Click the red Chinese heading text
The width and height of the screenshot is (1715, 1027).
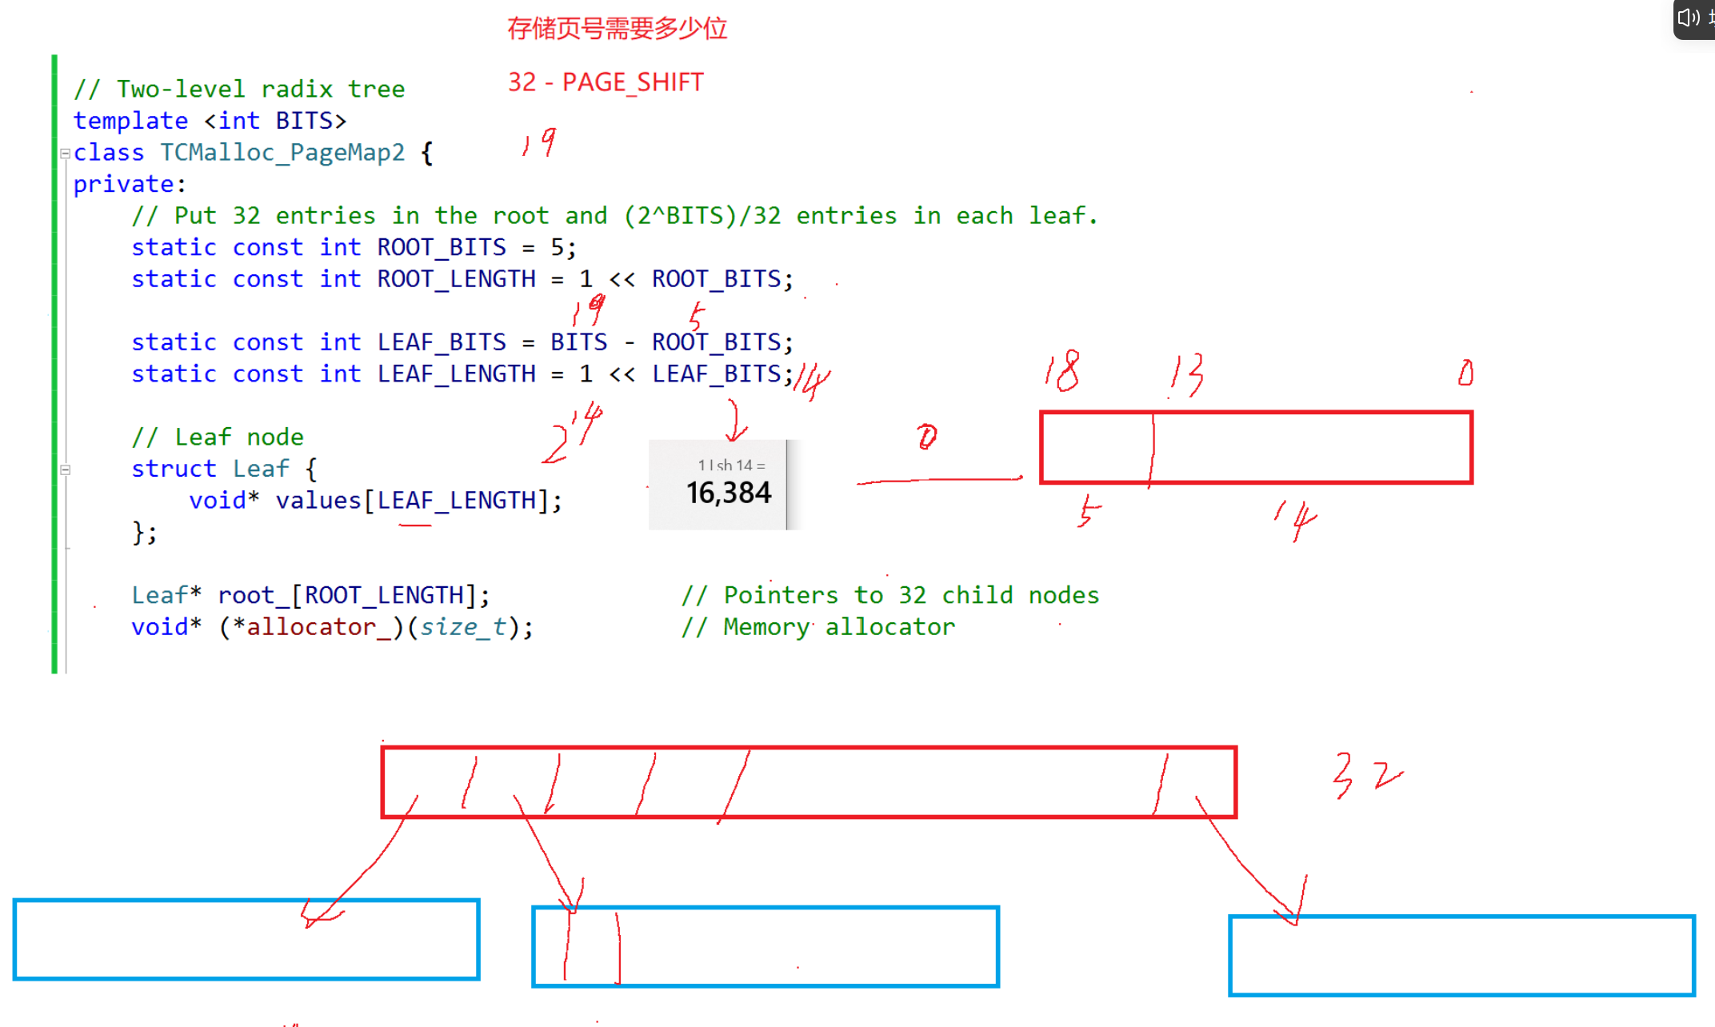click(617, 29)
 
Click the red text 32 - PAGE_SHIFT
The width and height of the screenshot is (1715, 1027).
click(606, 82)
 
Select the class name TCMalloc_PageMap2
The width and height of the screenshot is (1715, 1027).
click(282, 152)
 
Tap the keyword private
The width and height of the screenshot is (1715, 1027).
click(124, 184)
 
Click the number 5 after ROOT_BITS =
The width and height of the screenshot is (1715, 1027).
click(558, 247)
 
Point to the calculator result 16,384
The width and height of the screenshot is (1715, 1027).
click(728, 493)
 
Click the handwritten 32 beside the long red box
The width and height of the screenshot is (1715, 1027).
click(1366, 776)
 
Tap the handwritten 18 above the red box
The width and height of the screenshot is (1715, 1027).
click(1062, 372)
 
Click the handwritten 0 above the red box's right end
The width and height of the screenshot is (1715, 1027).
click(1465, 373)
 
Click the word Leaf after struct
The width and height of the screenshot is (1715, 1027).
click(261, 469)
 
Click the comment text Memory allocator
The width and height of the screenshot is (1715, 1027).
click(839, 627)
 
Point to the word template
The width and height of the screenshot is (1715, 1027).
click(130, 121)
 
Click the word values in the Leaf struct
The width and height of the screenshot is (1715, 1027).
click(318, 501)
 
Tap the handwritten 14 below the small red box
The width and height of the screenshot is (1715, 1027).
click(1296, 520)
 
